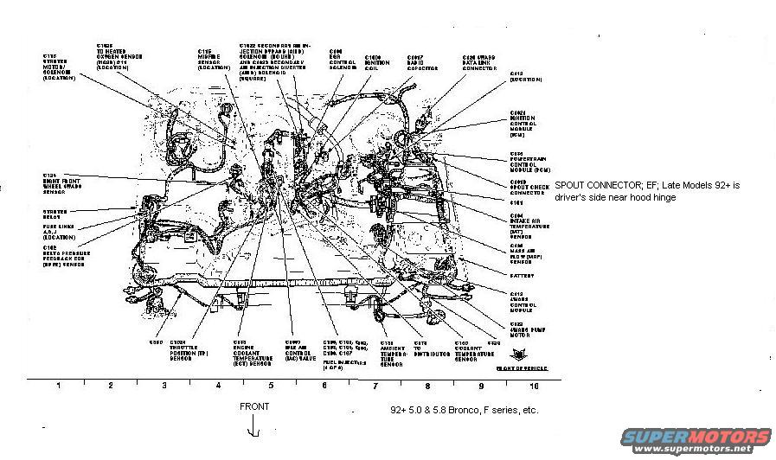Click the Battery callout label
click(x=522, y=276)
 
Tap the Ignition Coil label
click(x=375, y=63)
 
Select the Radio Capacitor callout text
click(x=421, y=63)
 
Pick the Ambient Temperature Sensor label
click(x=394, y=355)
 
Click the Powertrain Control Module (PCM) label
click(x=529, y=164)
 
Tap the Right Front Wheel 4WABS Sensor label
click(x=60, y=185)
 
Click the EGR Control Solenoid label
click(x=343, y=63)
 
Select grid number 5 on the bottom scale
click(x=271, y=385)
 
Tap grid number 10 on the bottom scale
click(x=533, y=385)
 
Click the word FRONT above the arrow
click(x=254, y=406)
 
